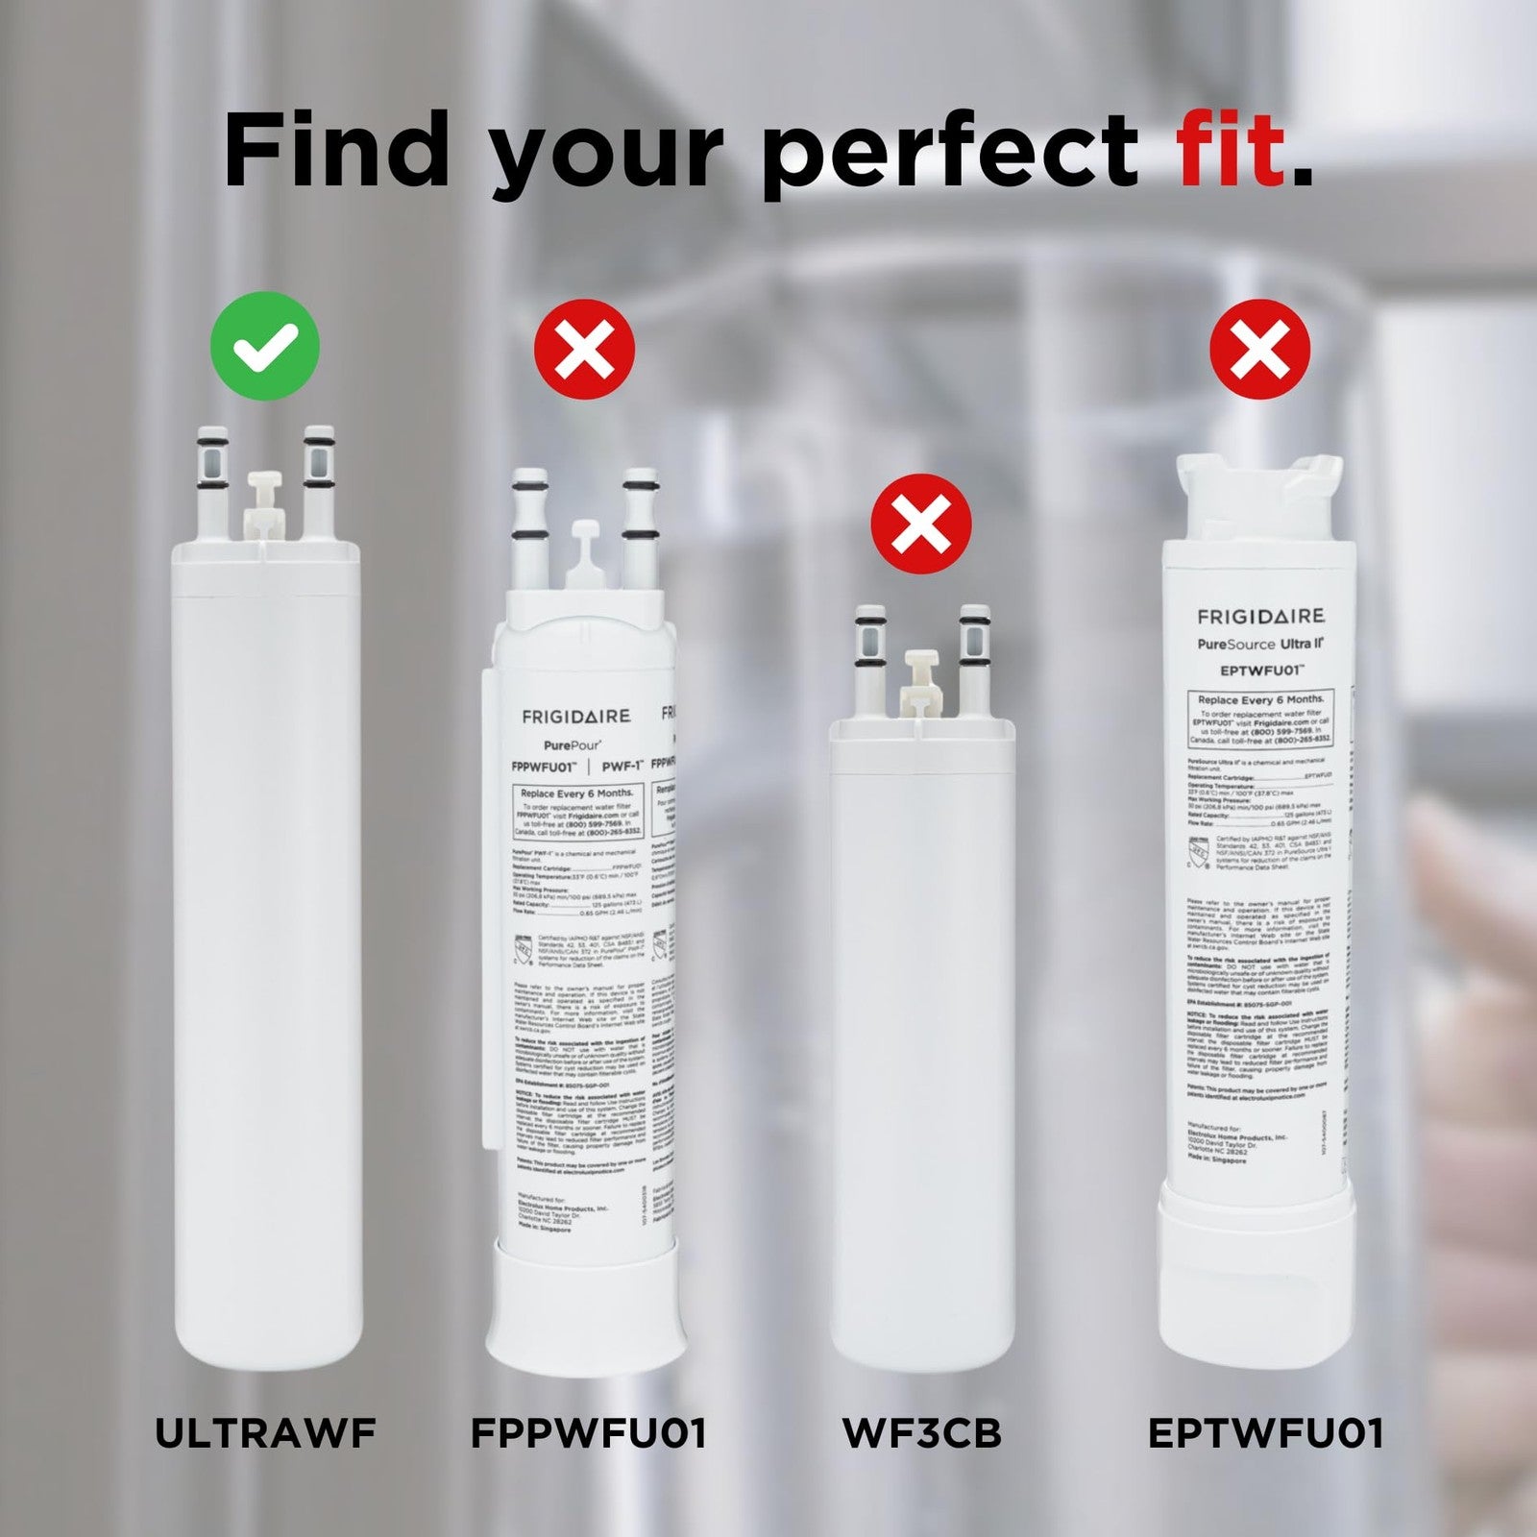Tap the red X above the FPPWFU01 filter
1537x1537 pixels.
585,349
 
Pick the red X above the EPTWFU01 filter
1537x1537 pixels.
1259,349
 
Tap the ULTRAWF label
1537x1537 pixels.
265,1433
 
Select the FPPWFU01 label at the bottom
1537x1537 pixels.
588,1433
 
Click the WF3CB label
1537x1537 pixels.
921,1433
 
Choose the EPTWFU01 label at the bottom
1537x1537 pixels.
1265,1433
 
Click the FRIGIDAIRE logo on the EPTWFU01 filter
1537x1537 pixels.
1259,616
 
